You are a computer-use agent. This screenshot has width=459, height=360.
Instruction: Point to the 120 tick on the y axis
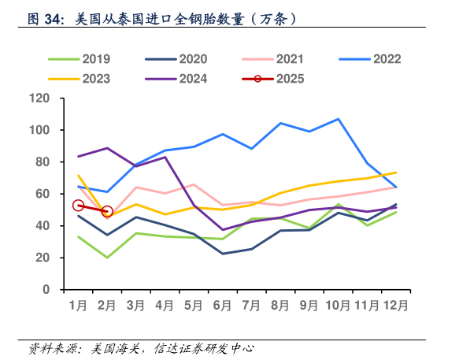39,98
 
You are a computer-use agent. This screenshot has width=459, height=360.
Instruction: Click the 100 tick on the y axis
39,130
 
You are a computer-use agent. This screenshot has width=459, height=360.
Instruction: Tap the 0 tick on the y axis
46,289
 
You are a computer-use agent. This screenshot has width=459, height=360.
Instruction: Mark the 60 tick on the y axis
43,194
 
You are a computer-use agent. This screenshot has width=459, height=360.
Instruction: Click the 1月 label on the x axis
78,305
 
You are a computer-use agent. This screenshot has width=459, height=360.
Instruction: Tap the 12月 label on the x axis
395,305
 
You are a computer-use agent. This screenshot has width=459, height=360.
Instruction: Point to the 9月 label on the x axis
309,305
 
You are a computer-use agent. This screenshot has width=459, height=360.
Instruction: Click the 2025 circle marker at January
78,206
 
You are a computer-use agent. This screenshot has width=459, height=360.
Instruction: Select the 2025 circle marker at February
107,212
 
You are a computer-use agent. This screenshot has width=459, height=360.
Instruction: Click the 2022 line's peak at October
338,119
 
